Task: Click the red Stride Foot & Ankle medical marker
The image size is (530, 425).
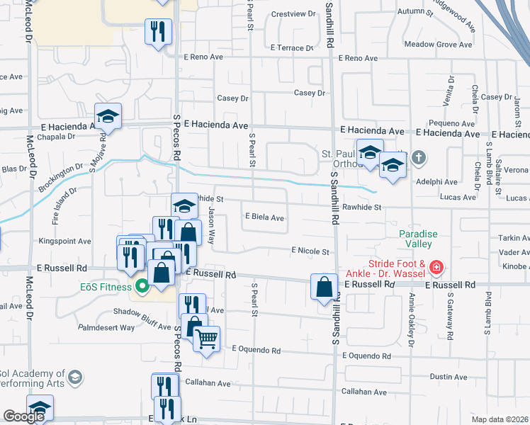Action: click(x=436, y=268)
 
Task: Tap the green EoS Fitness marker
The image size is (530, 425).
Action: click(x=142, y=287)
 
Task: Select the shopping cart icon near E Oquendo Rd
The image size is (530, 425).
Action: click(x=207, y=339)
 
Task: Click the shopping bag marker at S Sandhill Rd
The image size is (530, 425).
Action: click(x=324, y=288)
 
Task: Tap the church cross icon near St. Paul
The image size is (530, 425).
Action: click(x=419, y=157)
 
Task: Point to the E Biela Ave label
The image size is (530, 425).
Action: click(x=264, y=217)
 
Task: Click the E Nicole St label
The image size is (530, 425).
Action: click(x=310, y=251)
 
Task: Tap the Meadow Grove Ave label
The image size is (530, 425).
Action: click(x=438, y=45)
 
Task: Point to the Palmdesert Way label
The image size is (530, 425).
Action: click(x=106, y=328)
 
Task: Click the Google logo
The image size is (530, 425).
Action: click(x=23, y=416)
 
